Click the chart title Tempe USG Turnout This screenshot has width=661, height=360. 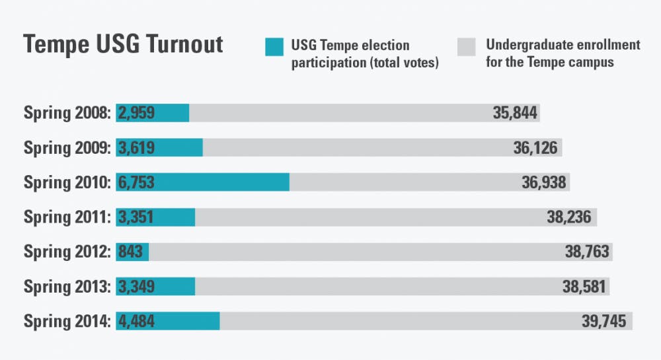pyautogui.click(x=123, y=45)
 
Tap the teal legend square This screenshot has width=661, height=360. pyautogui.click(x=274, y=46)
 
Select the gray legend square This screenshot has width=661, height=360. pyautogui.click(x=466, y=46)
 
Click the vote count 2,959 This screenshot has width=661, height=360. pyautogui.click(x=137, y=113)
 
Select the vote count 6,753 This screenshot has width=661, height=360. pyautogui.click(x=137, y=182)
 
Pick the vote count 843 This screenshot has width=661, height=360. pyautogui.click(x=132, y=252)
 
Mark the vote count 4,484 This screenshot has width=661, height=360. pyautogui.click(x=137, y=322)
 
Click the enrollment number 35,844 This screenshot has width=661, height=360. pyautogui.click(x=515, y=113)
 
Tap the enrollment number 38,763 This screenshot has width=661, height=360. pyautogui.click(x=587, y=252)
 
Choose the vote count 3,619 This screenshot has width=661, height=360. pyautogui.click(x=137, y=147)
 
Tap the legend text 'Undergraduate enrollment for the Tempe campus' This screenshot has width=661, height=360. pyautogui.click(x=563, y=54)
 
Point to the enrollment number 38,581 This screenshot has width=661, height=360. pyautogui.click(x=584, y=287)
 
